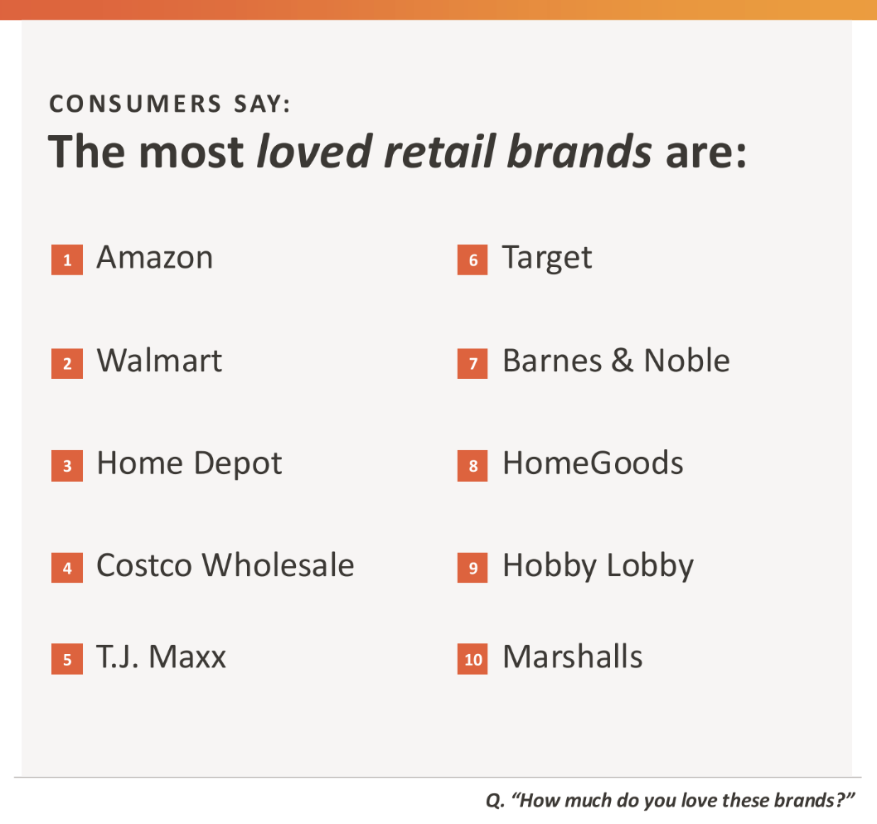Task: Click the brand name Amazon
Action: pos(154,258)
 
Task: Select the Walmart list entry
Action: pos(159,361)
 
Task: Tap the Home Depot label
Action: pos(189,464)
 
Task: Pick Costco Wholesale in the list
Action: pos(225,565)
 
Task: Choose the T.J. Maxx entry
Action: pos(161,657)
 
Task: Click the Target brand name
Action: pos(546,259)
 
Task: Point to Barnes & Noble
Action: pos(616,361)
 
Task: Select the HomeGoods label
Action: pos(593,463)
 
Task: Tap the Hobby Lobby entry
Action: pos(598,566)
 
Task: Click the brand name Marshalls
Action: pos(573,657)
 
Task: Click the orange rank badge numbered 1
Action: pos(67,259)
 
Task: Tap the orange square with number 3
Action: pos(67,465)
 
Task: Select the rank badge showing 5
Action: pos(67,659)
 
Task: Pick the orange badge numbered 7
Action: pos(472,364)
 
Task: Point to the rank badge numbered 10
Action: pos(472,659)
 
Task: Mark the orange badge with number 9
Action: pos(472,568)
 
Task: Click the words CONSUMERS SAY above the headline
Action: pos(170,104)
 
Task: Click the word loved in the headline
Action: pos(314,151)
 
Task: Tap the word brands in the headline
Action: pos(579,151)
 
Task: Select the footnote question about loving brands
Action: pos(670,801)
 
